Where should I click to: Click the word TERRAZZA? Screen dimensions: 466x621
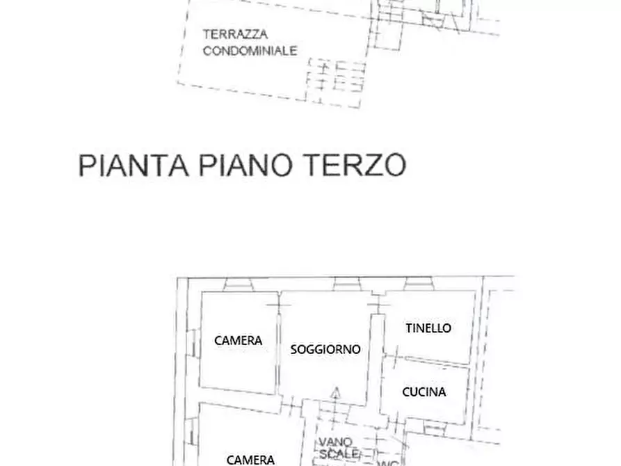(x=236, y=34)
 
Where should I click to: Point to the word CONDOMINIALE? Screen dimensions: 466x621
(x=250, y=50)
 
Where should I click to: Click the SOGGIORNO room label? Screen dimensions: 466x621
(x=325, y=349)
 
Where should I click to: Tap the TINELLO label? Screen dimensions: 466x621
(x=428, y=328)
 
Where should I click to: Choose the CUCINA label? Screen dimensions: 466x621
(x=424, y=392)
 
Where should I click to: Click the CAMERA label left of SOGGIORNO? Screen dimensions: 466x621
(x=238, y=340)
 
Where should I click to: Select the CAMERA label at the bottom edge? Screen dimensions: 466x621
(x=250, y=459)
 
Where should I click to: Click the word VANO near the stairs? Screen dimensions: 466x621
(x=336, y=442)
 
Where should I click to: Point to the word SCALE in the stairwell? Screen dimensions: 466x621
(x=339, y=453)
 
